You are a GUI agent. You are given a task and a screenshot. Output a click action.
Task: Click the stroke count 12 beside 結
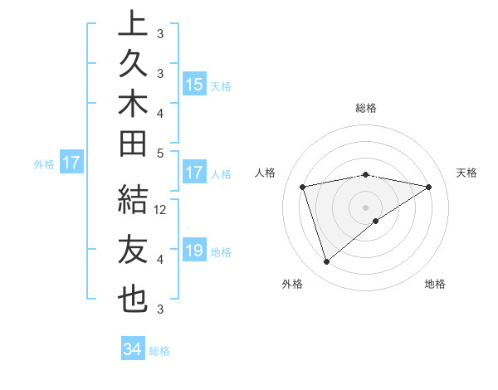(x=161, y=210)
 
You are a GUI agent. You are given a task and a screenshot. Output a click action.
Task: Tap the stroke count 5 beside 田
(x=160, y=153)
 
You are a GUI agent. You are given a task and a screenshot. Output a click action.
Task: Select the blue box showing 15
(x=194, y=85)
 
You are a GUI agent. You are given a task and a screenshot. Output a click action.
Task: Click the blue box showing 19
(x=194, y=251)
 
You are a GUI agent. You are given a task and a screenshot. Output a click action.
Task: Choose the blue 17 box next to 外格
(x=71, y=163)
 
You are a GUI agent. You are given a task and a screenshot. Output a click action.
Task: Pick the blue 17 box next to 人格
(x=194, y=173)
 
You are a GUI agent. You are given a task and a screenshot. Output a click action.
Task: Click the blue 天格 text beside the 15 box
(x=221, y=85)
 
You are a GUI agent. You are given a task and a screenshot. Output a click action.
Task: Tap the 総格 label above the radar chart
(x=366, y=108)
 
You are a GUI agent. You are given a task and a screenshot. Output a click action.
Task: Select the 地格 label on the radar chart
(x=435, y=284)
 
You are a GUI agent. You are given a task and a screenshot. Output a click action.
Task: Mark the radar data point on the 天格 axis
(x=429, y=187)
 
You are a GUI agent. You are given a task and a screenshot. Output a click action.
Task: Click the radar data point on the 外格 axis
(x=326, y=262)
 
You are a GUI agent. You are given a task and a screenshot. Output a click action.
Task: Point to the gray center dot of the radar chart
(x=366, y=207)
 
